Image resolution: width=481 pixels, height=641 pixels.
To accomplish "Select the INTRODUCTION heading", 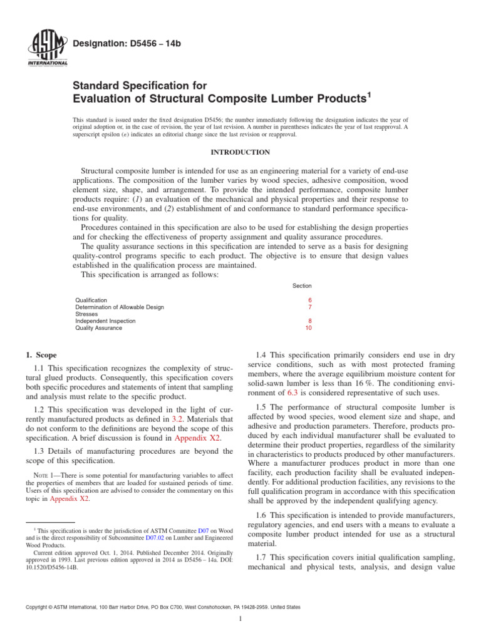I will (240, 152).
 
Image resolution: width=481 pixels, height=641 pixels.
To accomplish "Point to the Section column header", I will (302, 285).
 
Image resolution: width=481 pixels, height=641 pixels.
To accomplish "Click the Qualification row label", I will (91, 300).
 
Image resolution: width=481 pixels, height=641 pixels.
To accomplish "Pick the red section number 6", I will (309, 300).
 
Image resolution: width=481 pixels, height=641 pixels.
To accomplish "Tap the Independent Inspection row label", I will (105, 320).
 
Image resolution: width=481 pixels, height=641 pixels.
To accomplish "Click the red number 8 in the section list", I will (309, 320).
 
